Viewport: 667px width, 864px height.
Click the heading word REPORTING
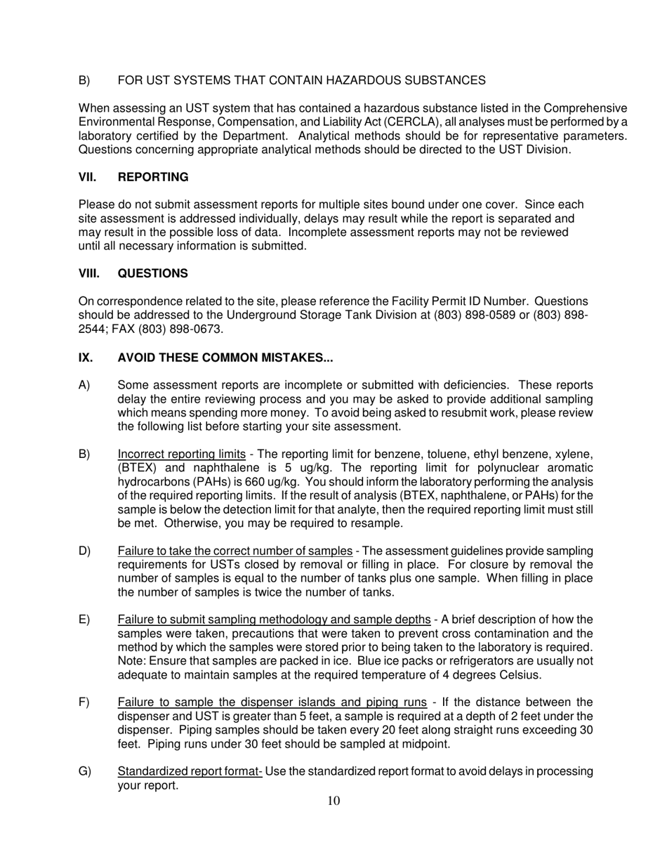(x=153, y=177)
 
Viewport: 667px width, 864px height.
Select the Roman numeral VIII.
(x=88, y=273)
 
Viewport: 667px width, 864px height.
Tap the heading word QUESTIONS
(x=152, y=273)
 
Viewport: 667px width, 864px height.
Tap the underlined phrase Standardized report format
(x=190, y=772)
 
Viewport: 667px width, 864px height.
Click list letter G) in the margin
(x=85, y=772)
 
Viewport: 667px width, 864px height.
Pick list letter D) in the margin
(x=85, y=551)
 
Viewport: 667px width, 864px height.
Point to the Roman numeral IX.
(x=85, y=358)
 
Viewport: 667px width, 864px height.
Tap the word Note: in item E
(x=132, y=661)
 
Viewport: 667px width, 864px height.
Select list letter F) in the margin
(x=84, y=702)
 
